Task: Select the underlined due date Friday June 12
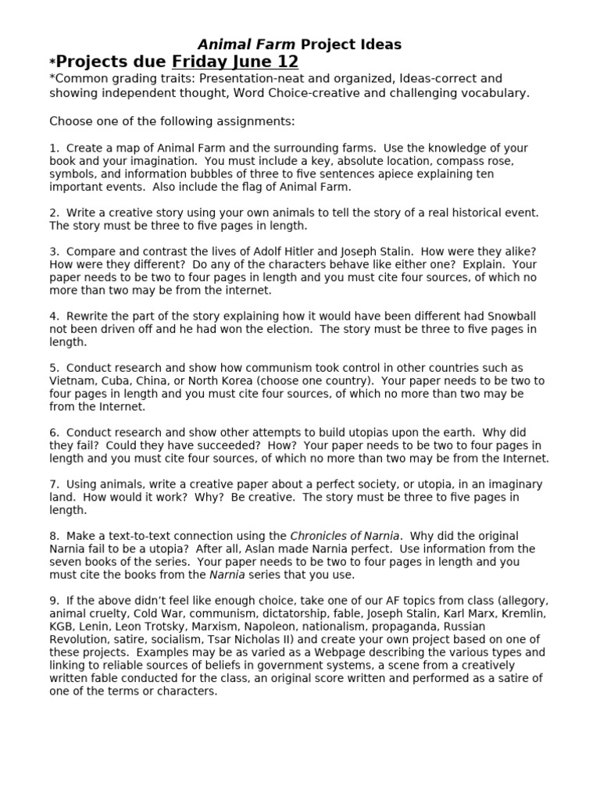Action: point(234,62)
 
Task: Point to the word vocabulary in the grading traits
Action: point(494,93)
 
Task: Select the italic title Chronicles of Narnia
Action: point(345,536)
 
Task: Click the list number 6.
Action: point(53,432)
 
